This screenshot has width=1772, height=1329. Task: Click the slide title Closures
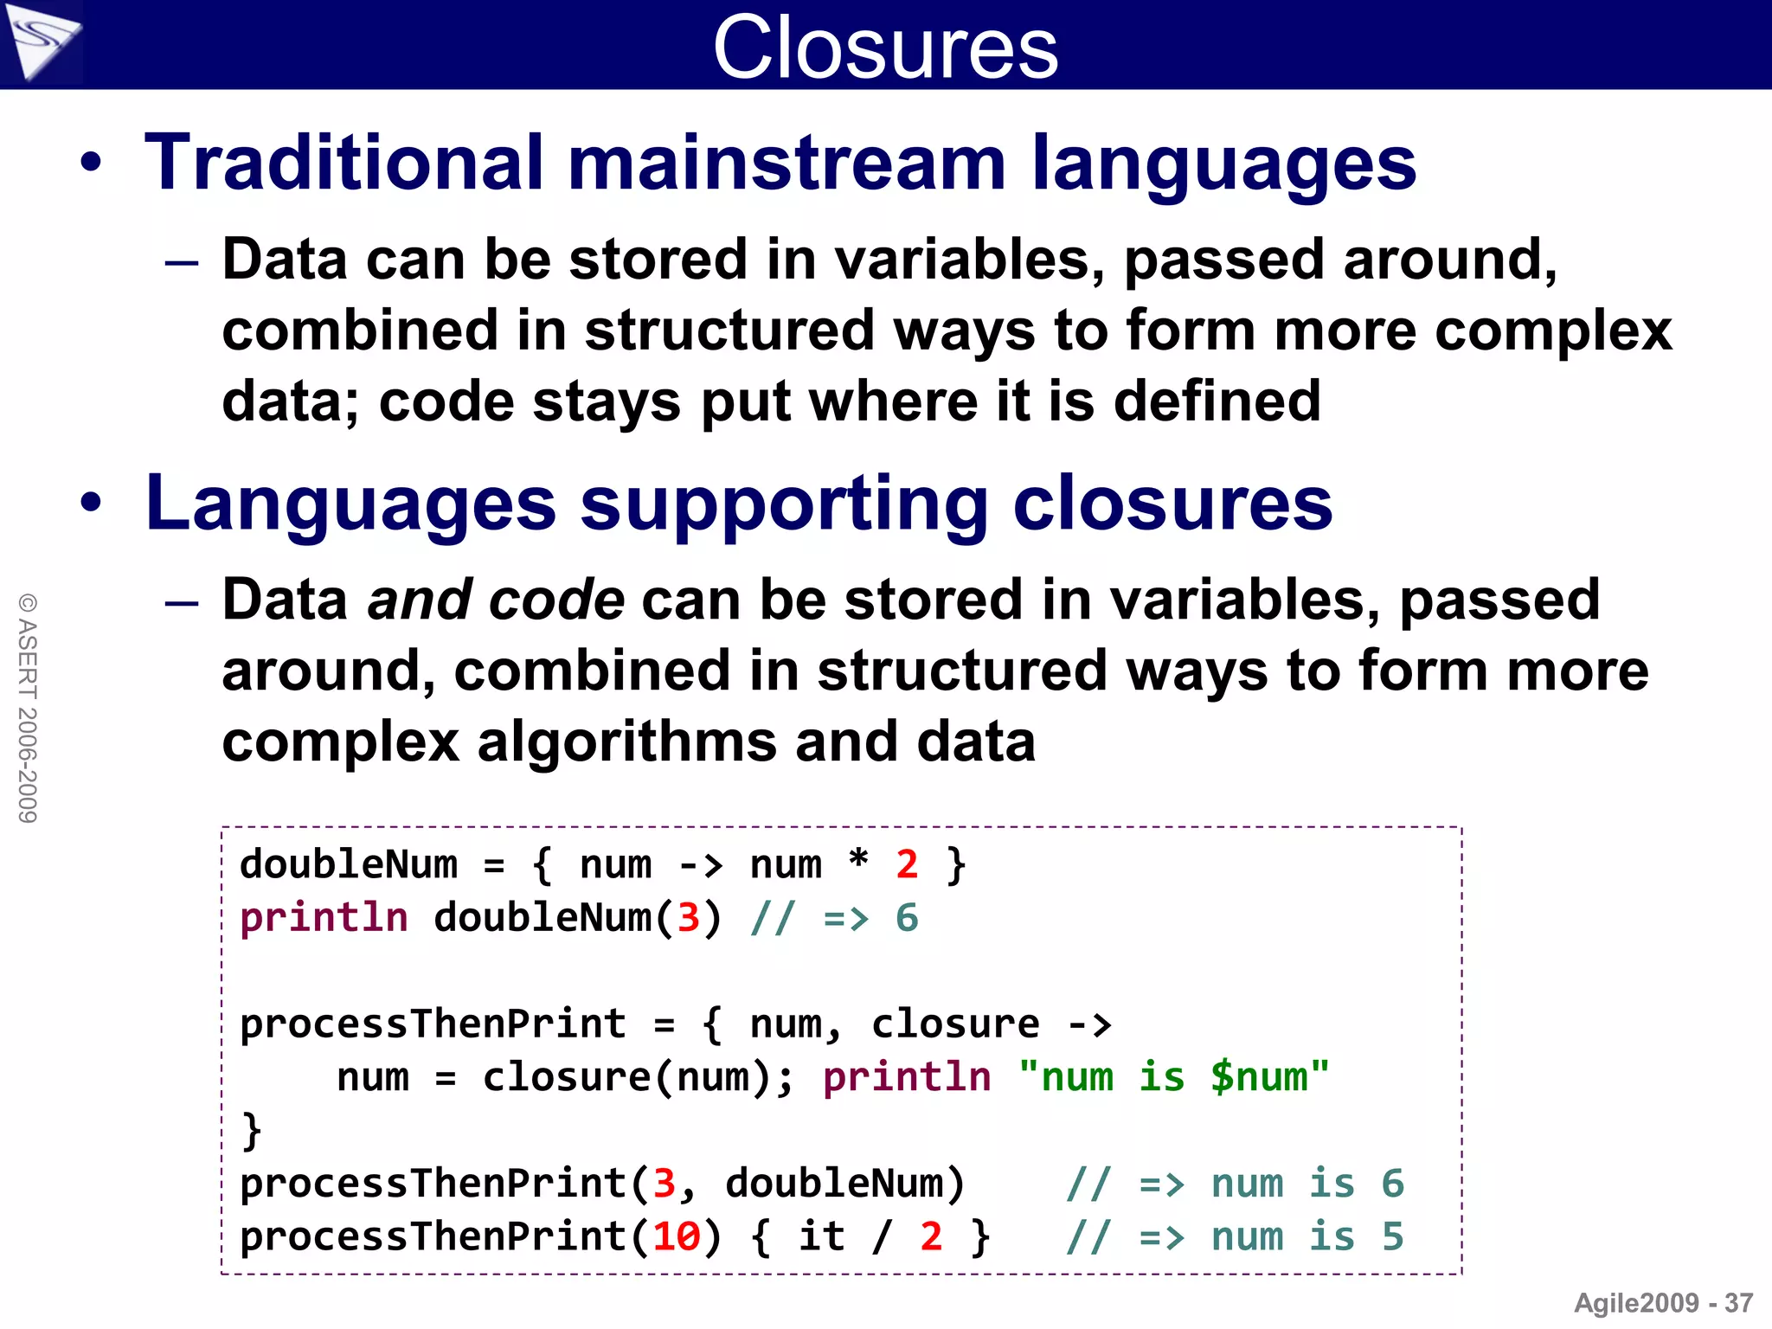click(x=885, y=48)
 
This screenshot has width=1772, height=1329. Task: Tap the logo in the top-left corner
click(x=41, y=41)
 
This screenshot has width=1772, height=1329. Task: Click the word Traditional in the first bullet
click(x=343, y=163)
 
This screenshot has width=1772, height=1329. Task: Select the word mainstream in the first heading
click(x=786, y=163)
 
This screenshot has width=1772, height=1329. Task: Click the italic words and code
click(x=495, y=600)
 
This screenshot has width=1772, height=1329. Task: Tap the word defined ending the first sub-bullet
click(x=1217, y=401)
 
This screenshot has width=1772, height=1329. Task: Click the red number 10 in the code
click(x=676, y=1236)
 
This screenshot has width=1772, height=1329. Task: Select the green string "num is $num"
click(x=1173, y=1077)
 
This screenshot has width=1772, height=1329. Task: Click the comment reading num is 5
click(x=1235, y=1236)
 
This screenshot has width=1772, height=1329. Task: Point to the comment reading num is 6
click(x=1235, y=1184)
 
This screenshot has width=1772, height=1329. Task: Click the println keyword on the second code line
click(x=324, y=917)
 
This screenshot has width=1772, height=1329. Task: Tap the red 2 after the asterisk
click(x=907, y=864)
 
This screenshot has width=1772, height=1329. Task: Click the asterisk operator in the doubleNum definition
click(x=857, y=861)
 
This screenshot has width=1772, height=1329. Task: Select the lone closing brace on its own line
click(x=251, y=1130)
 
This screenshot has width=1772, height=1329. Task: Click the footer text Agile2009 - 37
click(x=1662, y=1302)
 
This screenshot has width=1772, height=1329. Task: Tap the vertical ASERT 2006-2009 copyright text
click(x=28, y=708)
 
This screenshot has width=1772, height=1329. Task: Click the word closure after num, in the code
click(x=955, y=1024)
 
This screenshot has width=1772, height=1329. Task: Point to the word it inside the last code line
click(x=821, y=1236)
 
